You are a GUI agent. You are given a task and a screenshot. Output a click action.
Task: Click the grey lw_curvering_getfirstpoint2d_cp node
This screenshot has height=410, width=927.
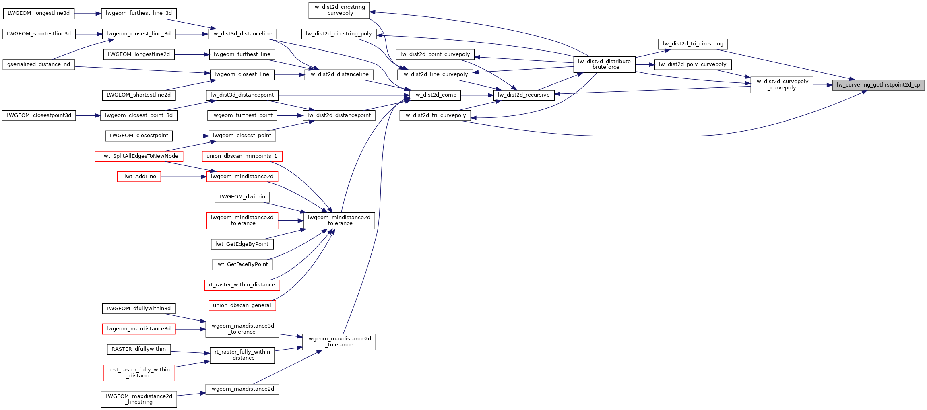[878, 85]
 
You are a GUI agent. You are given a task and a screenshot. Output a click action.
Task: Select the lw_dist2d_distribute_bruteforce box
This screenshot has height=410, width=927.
[604, 64]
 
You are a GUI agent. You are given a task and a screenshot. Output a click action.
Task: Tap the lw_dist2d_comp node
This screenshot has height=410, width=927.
[435, 95]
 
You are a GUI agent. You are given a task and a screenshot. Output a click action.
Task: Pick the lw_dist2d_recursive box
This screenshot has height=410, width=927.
[524, 95]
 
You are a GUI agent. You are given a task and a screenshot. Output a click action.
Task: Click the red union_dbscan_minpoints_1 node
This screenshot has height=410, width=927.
[242, 156]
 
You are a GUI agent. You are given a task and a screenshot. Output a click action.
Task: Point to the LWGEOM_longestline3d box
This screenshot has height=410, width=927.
[39, 13]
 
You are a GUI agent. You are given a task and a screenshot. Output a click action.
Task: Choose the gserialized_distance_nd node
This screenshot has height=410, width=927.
[39, 64]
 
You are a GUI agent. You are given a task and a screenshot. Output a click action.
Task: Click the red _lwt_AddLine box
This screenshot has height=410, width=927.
[139, 177]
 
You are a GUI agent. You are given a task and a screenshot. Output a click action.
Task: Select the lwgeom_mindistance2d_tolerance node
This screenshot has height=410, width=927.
[339, 220]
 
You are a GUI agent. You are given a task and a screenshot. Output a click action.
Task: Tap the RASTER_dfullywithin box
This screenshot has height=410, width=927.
[139, 349]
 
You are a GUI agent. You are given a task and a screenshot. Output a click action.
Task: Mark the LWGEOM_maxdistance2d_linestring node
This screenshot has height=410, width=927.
[139, 399]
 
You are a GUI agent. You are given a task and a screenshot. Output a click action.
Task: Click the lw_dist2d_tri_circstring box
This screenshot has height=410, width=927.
[693, 44]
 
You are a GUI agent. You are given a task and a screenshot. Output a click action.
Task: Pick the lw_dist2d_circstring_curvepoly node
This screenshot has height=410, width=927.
[339, 10]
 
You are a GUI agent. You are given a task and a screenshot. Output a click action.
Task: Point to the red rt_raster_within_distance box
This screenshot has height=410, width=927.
[242, 285]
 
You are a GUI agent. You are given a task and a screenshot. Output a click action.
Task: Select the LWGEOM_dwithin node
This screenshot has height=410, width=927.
[242, 197]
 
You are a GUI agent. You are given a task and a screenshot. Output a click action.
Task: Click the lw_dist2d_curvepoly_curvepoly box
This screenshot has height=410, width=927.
[781, 84]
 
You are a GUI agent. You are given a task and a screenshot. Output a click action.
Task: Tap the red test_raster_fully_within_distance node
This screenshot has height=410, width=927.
[139, 373]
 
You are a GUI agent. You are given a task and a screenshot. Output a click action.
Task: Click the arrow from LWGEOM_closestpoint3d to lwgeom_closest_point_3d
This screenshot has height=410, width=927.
[88, 115]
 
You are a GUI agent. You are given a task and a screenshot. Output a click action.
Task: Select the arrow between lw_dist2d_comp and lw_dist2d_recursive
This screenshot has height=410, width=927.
[477, 95]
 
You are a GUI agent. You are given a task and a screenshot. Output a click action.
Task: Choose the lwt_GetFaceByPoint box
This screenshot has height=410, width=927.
[242, 264]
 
